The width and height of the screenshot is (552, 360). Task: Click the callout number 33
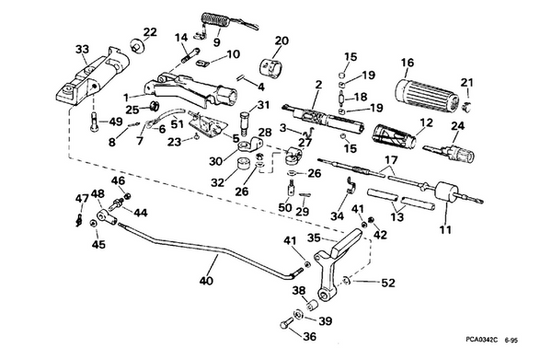coord(82,49)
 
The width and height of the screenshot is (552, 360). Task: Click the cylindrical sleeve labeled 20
coord(273,66)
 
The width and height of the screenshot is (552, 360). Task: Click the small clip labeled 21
coord(468,104)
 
